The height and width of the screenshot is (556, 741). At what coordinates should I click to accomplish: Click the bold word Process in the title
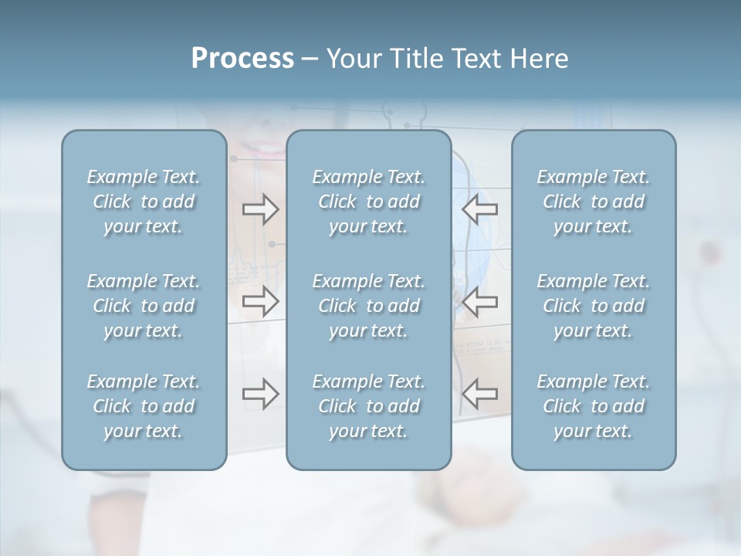tap(242, 59)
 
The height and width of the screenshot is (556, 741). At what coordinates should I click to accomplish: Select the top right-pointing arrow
tap(260, 208)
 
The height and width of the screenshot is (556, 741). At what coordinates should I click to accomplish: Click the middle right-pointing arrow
tap(260, 301)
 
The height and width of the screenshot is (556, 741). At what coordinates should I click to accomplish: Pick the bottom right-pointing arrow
tap(260, 394)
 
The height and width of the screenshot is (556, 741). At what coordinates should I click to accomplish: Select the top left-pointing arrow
tap(479, 208)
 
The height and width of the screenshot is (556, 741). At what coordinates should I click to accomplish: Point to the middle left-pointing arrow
tap(479, 301)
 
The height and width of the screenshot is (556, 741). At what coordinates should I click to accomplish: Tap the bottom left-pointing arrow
tap(479, 394)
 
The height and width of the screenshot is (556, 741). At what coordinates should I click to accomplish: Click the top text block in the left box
tap(144, 202)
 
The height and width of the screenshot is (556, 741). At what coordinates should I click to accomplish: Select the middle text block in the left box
tap(144, 306)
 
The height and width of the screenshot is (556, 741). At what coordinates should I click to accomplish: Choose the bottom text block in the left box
tap(144, 406)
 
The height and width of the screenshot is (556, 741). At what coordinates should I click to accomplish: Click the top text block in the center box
tap(368, 202)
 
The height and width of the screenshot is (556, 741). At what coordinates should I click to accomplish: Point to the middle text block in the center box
tap(368, 306)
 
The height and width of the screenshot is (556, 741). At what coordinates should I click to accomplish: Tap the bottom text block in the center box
tap(368, 406)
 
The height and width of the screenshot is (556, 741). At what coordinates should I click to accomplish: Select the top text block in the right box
tap(593, 202)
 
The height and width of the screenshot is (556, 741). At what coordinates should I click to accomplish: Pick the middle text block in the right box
tap(593, 306)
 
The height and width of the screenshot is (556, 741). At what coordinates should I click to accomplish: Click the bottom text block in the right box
tap(593, 406)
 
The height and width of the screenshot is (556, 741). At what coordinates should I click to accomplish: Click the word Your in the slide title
tap(352, 59)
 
